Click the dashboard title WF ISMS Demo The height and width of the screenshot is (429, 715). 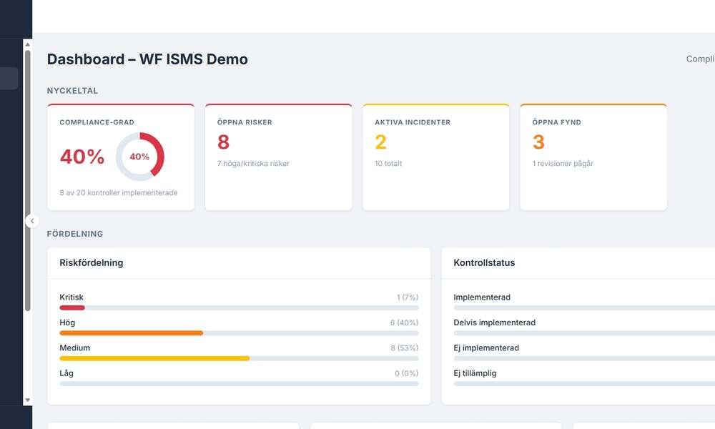[x=147, y=59]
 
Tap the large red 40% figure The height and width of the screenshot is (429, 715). [x=82, y=157]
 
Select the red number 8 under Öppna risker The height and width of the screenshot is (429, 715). [x=224, y=142]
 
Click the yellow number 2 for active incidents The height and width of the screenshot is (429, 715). [x=381, y=142]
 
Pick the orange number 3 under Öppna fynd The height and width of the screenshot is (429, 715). [x=538, y=142]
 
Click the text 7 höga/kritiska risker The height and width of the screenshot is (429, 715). [x=253, y=164]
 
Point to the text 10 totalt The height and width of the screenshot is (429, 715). [x=388, y=164]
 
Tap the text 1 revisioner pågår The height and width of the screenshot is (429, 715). [x=563, y=164]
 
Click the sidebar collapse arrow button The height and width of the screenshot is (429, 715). [x=31, y=221]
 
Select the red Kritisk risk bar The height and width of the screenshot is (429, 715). [x=72, y=307]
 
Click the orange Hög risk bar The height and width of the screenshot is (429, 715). [x=131, y=333]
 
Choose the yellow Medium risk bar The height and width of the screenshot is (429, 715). [x=154, y=358]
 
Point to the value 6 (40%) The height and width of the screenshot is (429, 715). [x=404, y=323]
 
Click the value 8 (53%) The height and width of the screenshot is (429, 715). [x=404, y=348]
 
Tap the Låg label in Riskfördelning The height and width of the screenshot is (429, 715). [x=66, y=373]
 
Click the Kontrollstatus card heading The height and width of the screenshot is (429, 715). [x=484, y=263]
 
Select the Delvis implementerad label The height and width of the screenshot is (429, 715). [x=494, y=322]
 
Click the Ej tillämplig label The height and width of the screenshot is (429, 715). [x=475, y=373]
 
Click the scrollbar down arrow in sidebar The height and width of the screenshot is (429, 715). [x=28, y=400]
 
